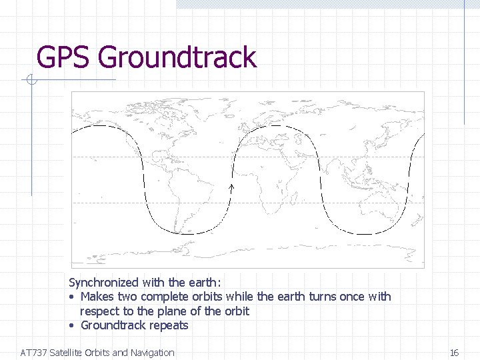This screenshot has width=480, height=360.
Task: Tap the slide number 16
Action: [454, 353]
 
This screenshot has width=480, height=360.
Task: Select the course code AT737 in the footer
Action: [34, 353]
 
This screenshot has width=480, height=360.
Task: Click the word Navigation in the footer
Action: [151, 353]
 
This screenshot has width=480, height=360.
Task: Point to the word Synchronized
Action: [102, 283]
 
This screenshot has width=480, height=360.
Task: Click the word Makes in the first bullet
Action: [97, 297]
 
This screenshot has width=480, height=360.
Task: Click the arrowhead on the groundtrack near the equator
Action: [232, 189]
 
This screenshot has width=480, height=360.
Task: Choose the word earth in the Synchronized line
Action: [204, 283]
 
